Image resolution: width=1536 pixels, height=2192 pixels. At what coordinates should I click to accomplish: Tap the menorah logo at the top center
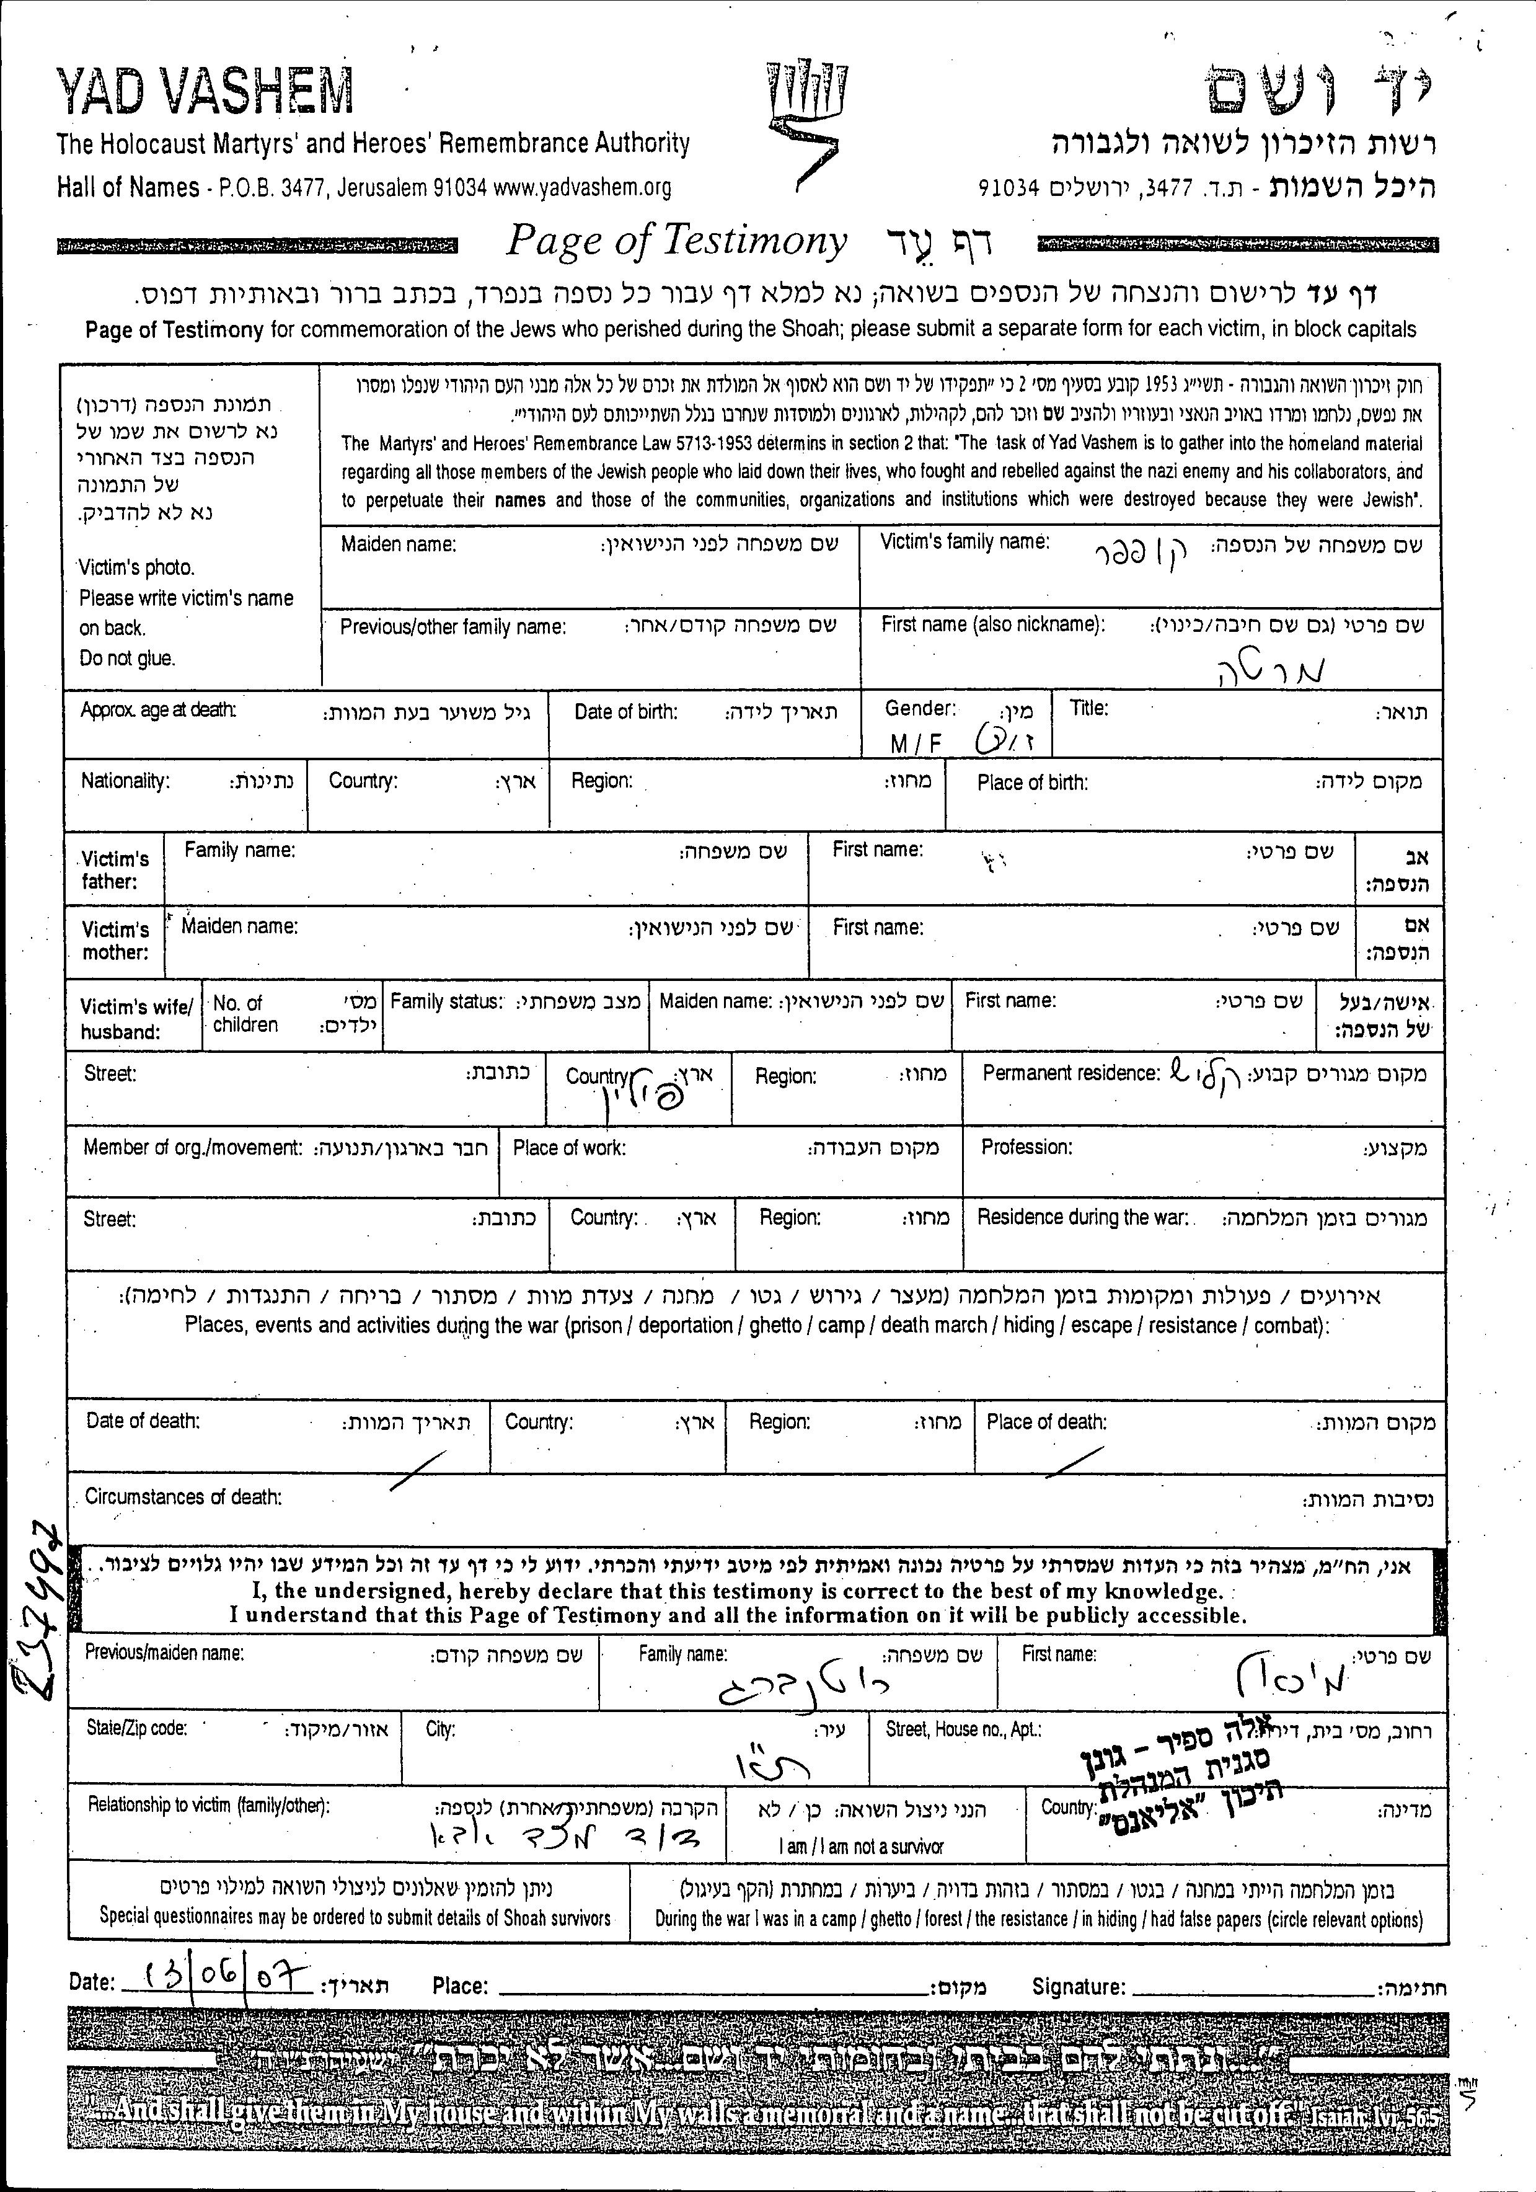808,122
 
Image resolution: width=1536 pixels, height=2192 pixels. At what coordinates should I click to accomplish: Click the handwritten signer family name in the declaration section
802,1689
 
